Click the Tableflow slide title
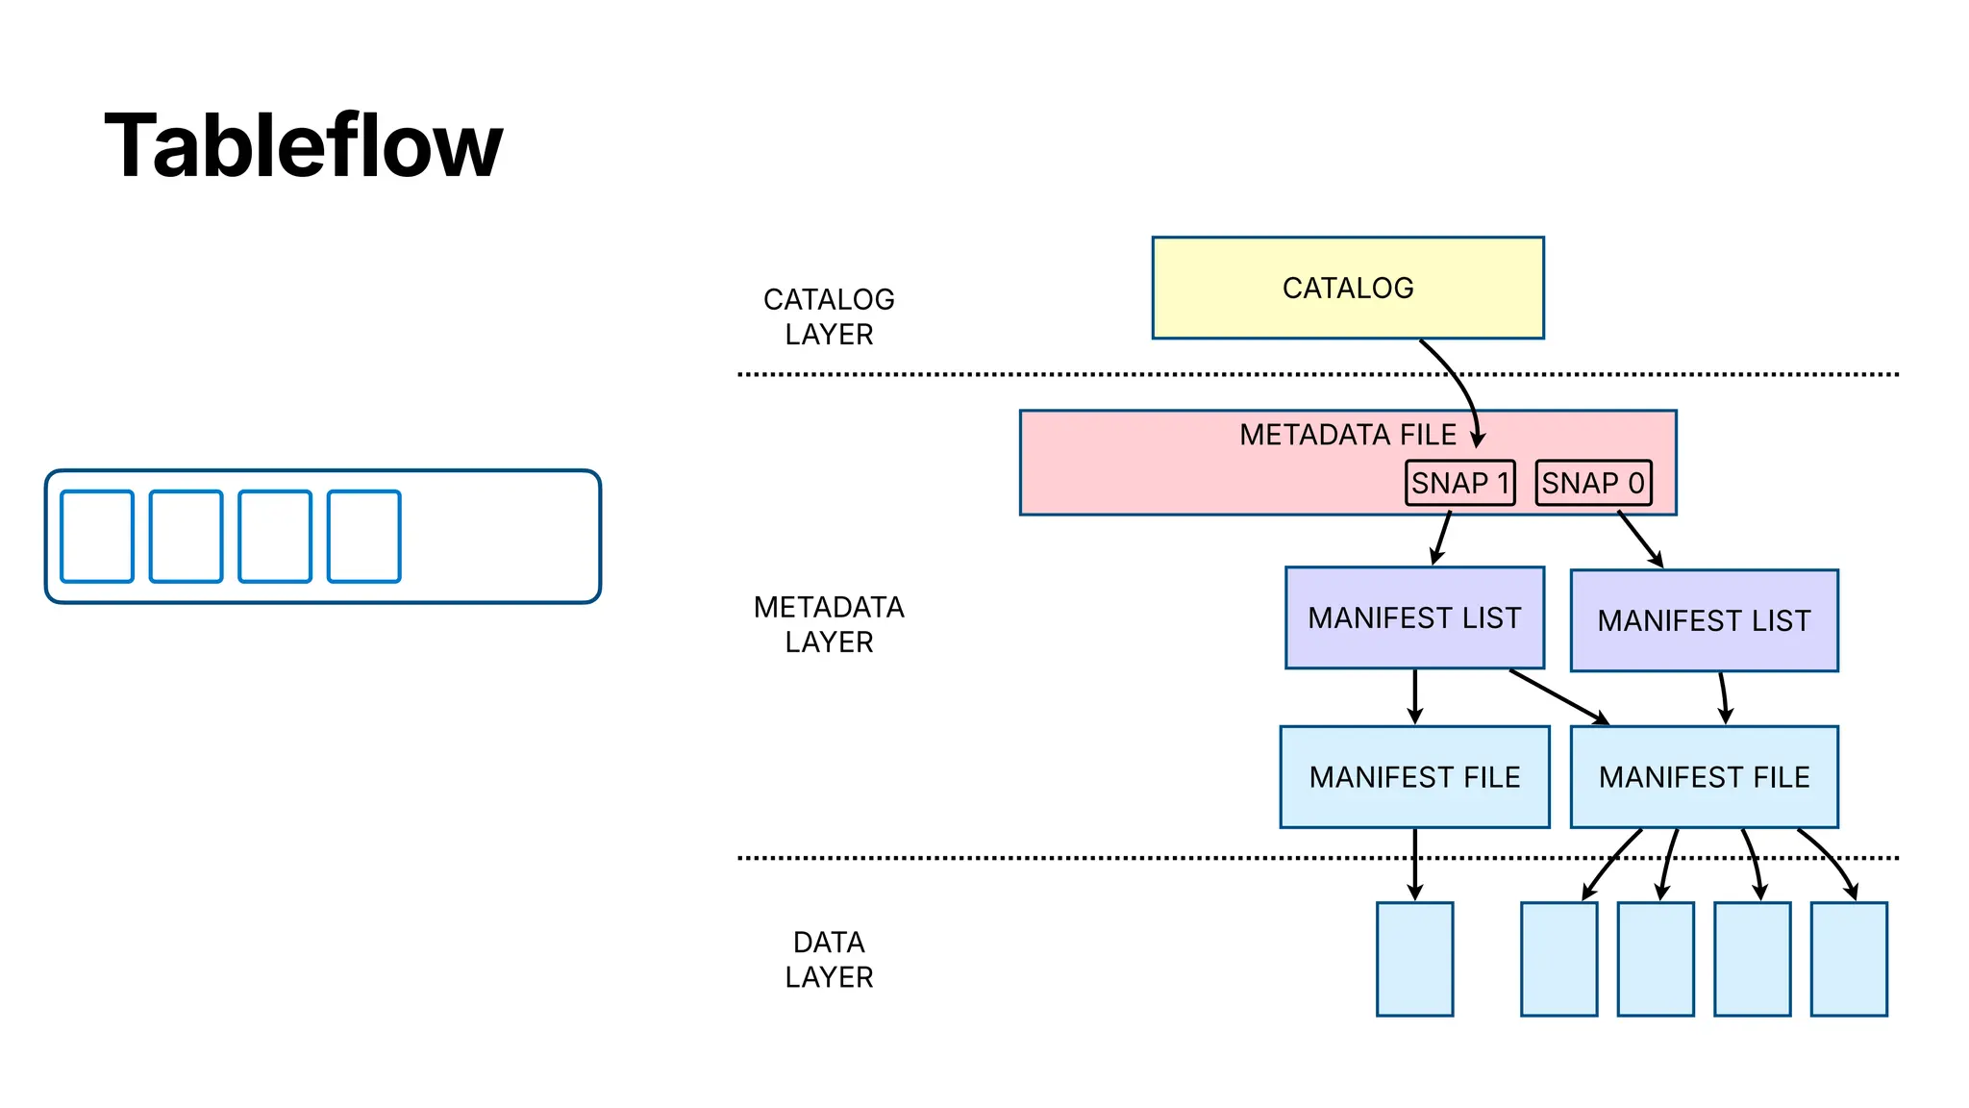(x=303, y=146)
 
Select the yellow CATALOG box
(x=1347, y=288)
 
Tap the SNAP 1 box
(x=1459, y=483)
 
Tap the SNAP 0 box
(x=1593, y=483)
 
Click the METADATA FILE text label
(x=1347, y=435)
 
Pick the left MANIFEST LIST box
(x=1414, y=617)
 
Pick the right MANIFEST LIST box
(x=1704, y=620)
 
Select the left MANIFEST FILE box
(x=1414, y=776)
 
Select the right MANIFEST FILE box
(x=1704, y=776)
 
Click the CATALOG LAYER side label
(x=829, y=316)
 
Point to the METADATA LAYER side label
(x=829, y=624)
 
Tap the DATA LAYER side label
(x=829, y=959)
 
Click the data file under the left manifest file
(x=1414, y=959)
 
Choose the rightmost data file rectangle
(x=1848, y=959)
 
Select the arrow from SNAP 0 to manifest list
(x=1639, y=539)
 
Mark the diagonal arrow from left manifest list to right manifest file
(x=1558, y=696)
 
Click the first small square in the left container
(x=97, y=537)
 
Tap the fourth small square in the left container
(x=363, y=537)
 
